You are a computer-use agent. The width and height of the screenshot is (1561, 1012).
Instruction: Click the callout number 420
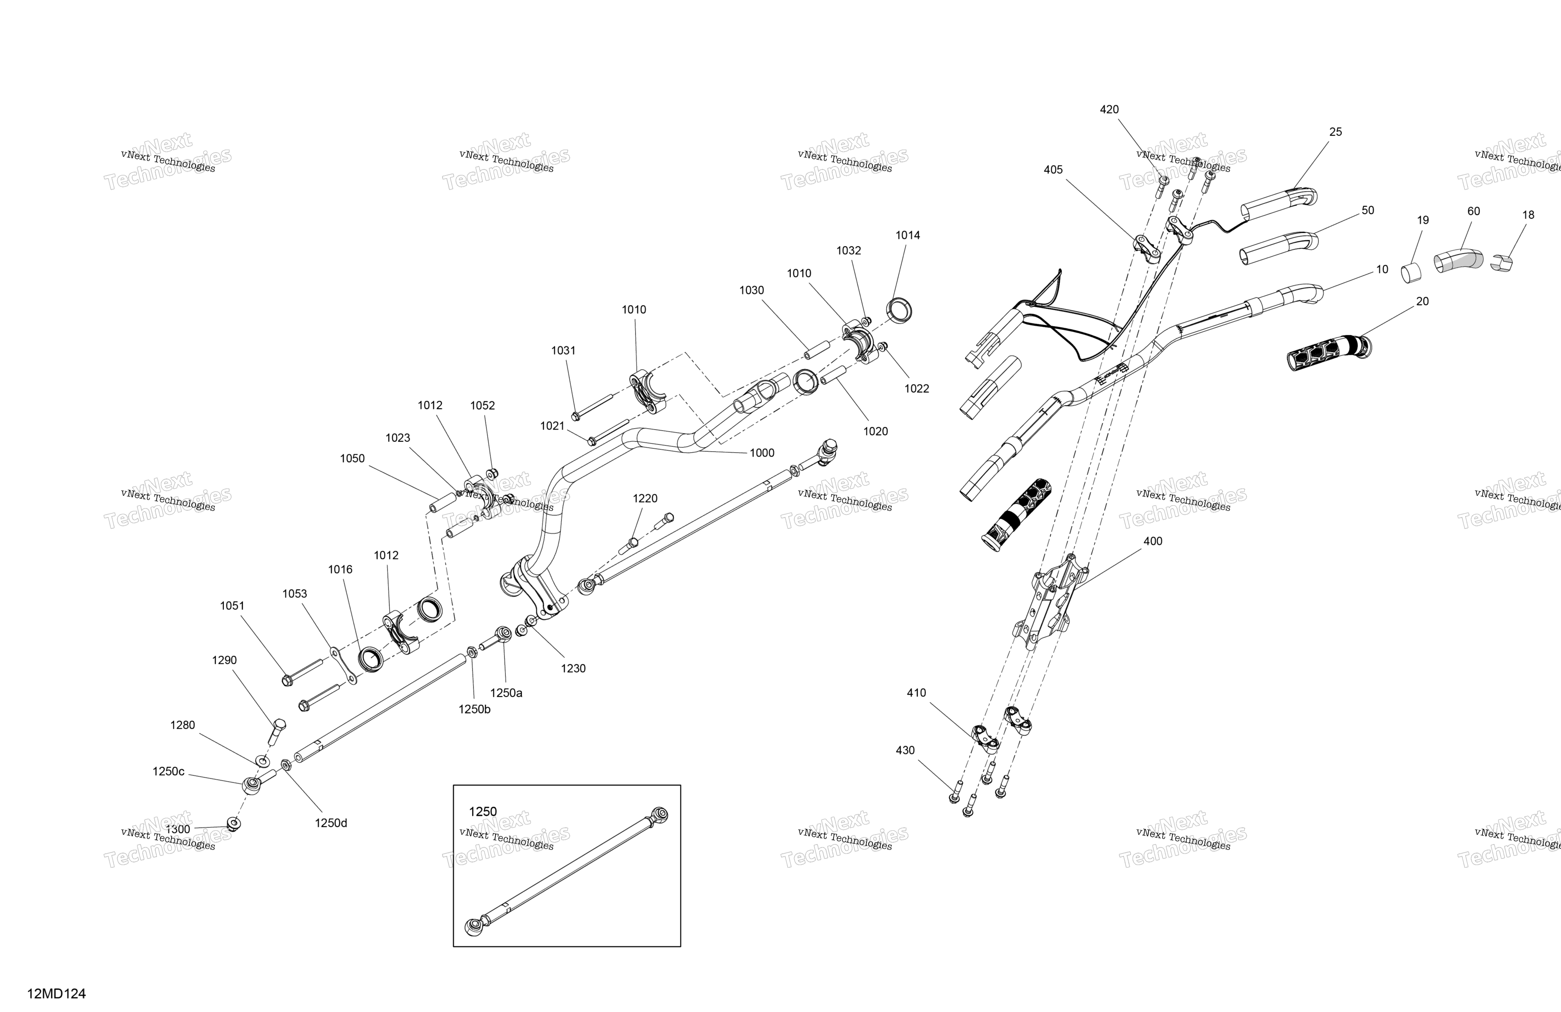tap(1109, 110)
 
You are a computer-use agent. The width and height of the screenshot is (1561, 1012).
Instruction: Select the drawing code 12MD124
tap(56, 994)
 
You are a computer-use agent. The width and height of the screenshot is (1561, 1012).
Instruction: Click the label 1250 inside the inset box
tap(483, 811)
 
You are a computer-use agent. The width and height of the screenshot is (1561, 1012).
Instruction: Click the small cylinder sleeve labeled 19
tap(1411, 272)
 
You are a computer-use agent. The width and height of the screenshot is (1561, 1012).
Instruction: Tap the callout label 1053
tap(294, 593)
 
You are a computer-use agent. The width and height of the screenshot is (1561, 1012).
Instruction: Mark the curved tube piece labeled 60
tap(1459, 260)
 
